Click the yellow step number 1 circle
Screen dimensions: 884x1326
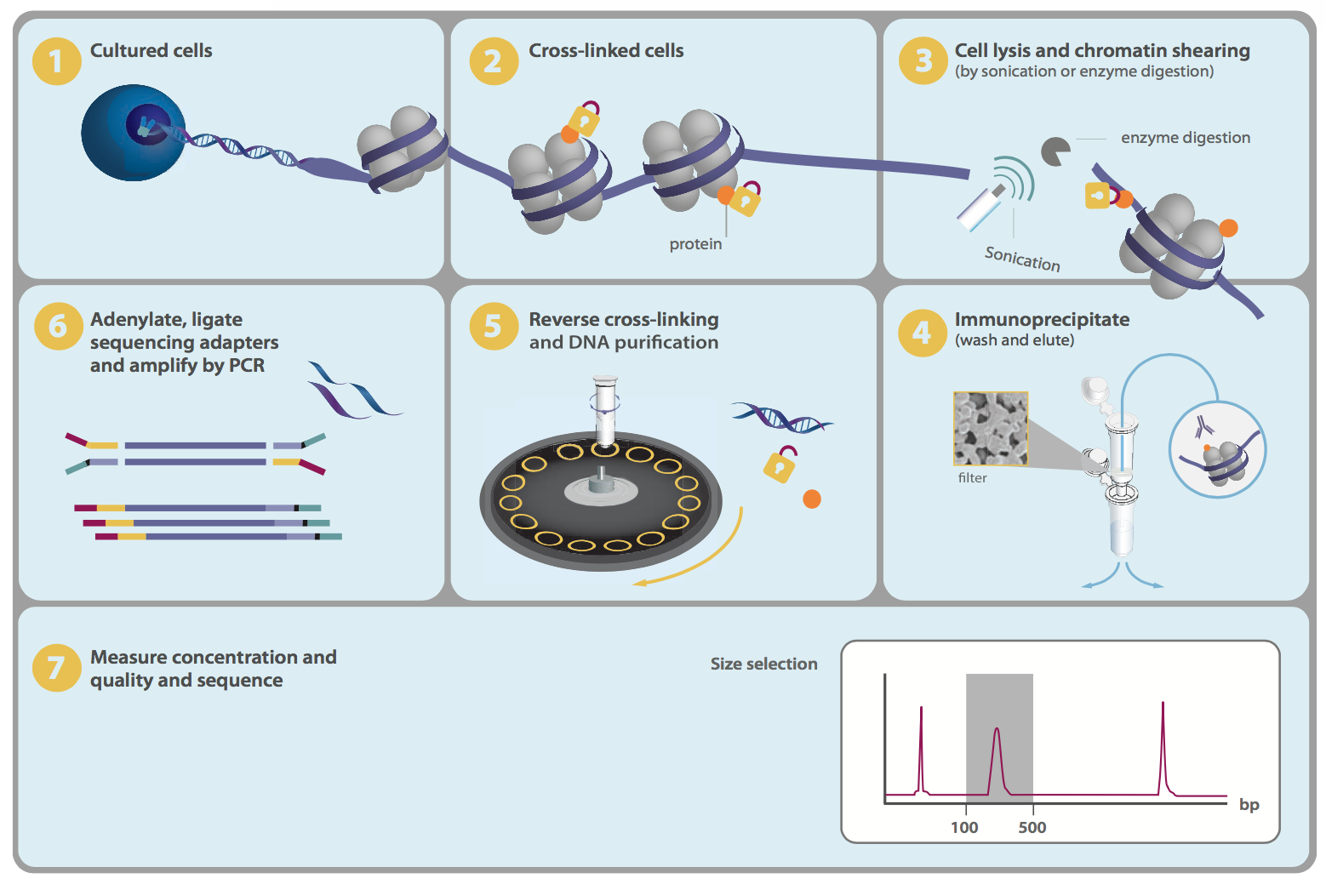point(56,61)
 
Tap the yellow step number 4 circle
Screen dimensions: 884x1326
point(923,332)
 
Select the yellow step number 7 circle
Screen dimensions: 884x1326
point(56,668)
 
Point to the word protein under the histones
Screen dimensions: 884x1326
point(695,244)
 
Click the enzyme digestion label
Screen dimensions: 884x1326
point(1185,138)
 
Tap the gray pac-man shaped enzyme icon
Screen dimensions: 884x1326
point(1055,151)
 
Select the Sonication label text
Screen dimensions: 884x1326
point(1022,259)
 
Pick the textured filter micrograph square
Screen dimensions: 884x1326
point(991,429)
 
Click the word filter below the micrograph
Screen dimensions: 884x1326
point(972,478)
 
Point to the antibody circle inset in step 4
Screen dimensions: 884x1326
point(1217,450)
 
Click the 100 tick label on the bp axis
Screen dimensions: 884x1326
point(964,827)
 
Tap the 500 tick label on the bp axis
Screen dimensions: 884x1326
point(1032,827)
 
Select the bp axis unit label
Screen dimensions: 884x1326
point(1249,805)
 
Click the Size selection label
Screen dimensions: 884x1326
point(763,664)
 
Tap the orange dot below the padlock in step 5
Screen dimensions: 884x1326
point(812,499)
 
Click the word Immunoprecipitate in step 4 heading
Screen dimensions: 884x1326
point(1042,320)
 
